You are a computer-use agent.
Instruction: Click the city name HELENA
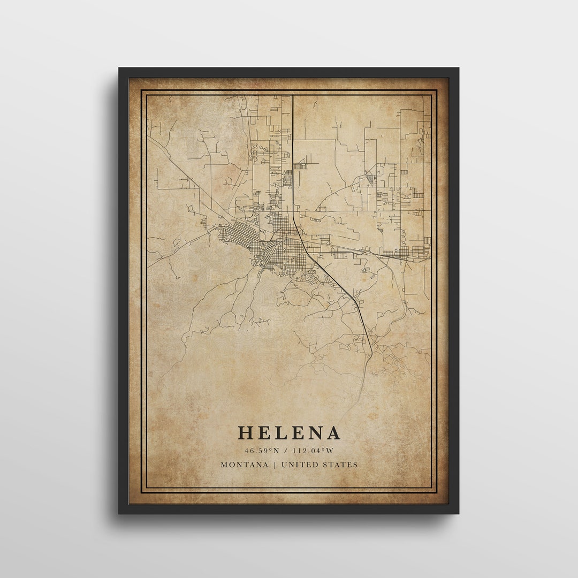coord(289,433)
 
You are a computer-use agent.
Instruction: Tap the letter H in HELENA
coord(246,433)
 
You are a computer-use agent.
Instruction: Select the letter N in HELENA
coord(314,433)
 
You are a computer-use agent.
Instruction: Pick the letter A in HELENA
coord(332,433)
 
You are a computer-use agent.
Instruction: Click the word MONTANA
coord(245,465)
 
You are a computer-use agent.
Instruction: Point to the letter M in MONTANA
coord(224,465)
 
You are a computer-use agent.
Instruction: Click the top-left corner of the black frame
coord(120,69)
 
